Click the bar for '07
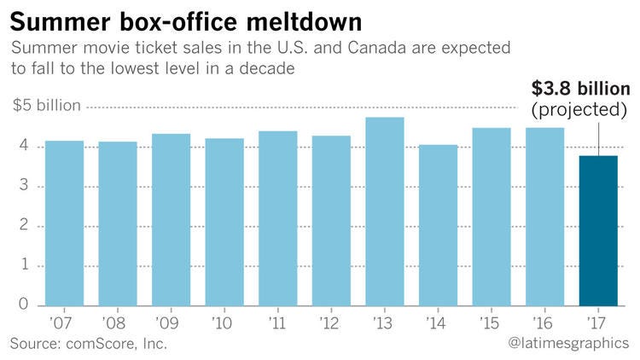coord(64,224)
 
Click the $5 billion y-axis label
coord(47,106)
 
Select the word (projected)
coord(580,111)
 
